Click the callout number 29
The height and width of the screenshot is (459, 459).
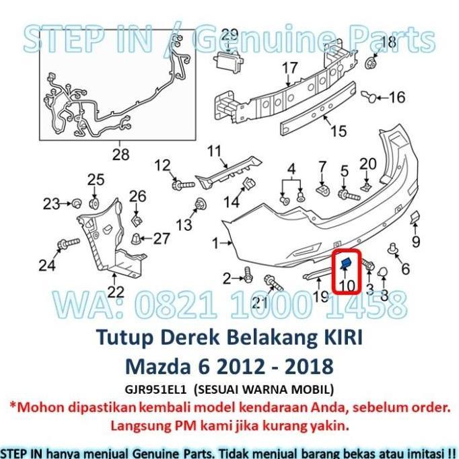click(229, 35)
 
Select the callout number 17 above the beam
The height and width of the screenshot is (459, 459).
click(289, 68)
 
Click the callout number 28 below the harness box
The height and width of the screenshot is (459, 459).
click(120, 155)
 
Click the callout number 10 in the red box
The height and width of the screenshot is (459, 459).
click(347, 285)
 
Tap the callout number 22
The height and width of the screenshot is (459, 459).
click(116, 291)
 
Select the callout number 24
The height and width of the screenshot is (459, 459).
click(46, 265)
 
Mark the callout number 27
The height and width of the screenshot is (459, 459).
click(162, 238)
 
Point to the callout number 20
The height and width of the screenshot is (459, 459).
click(367, 163)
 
